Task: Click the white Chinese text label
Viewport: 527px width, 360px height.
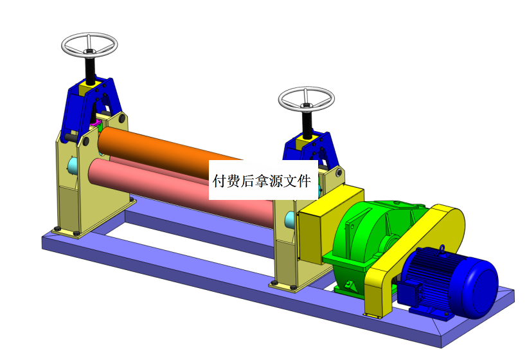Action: point(263,180)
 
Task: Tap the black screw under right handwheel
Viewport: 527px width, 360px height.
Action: point(307,124)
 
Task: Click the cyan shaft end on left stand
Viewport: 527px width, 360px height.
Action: point(73,166)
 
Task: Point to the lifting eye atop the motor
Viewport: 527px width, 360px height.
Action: point(442,248)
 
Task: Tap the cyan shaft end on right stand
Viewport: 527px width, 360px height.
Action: point(290,221)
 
